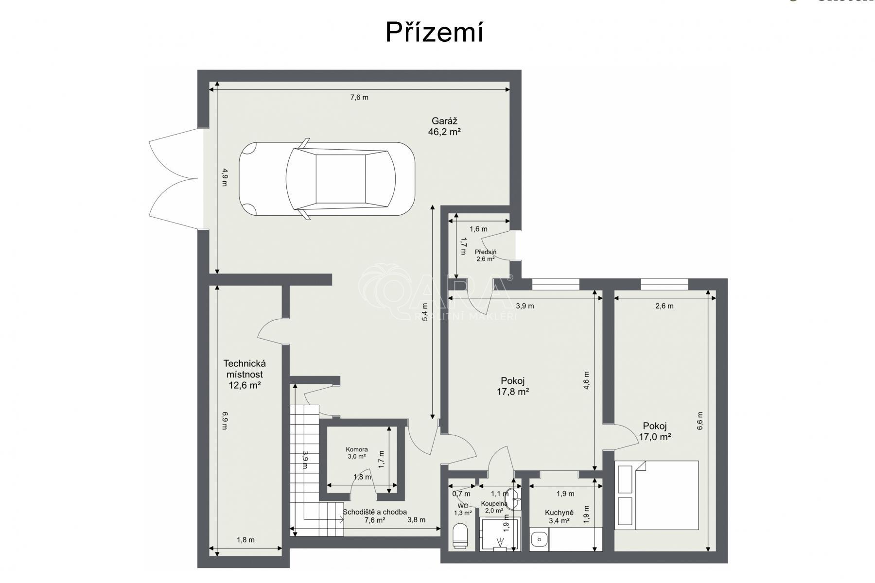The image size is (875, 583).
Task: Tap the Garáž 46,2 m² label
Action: (444, 126)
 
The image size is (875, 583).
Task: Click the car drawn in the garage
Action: (327, 179)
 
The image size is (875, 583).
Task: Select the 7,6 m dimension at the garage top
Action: (359, 97)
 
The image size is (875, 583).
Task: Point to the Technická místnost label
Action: (245, 374)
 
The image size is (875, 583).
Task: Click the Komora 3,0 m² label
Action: (356, 453)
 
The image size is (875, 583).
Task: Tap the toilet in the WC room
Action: (459, 536)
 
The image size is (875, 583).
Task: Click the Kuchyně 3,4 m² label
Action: (559, 516)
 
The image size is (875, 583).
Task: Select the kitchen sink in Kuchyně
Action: (538, 540)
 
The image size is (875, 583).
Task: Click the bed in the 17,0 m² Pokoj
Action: (656, 495)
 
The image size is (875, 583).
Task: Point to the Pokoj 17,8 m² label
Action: (512, 386)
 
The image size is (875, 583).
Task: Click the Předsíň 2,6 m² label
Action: (485, 256)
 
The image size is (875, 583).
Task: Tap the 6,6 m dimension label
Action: (700, 421)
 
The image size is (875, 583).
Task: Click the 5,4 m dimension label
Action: (425, 312)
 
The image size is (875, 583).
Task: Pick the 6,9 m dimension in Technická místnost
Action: (225, 421)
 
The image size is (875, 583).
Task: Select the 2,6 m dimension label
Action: (664, 306)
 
